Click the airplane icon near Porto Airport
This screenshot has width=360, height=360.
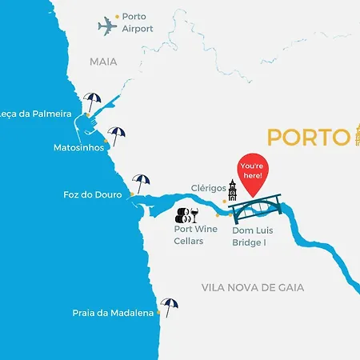coord(107,26)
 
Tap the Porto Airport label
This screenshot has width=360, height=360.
coord(138,22)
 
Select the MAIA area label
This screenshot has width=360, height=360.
coord(103,61)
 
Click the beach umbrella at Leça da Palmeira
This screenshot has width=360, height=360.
coord(94,102)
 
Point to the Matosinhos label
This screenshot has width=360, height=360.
coord(78,148)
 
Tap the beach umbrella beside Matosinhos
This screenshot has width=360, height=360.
coord(117,136)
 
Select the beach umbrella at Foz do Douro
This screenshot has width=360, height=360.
coord(142,183)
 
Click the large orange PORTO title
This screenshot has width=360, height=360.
coord(309,137)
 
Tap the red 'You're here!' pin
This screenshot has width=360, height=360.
coord(254,176)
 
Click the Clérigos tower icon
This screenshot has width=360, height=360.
coord(233,191)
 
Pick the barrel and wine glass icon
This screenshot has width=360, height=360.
coord(187,214)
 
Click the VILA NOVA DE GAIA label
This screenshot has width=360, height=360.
coord(253,287)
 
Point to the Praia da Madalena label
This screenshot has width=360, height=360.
coord(113,313)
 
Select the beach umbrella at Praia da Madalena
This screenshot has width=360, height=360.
coord(169,306)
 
